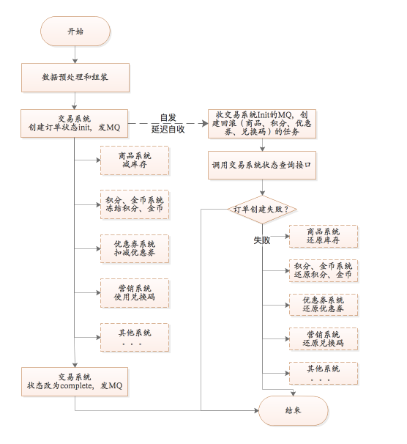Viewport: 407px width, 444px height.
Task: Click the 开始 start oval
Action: [x=75, y=32]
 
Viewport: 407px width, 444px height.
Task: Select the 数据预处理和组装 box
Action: [x=75, y=78]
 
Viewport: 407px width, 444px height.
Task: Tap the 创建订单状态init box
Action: [x=75, y=124]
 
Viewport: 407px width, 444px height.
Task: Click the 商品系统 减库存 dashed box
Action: [x=135, y=160]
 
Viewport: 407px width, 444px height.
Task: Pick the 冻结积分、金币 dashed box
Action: [x=135, y=204]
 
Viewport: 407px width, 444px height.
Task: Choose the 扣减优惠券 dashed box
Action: [x=135, y=248]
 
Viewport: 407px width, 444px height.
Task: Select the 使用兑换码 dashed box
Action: [x=135, y=293]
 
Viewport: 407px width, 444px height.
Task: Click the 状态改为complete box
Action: [x=75, y=382]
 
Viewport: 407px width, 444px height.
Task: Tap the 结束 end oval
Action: [x=294, y=410]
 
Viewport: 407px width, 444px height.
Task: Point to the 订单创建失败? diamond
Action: [x=262, y=210]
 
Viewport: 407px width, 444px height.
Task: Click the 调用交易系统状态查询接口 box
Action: [x=262, y=165]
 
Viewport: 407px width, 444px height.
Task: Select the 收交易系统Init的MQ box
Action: [x=262, y=124]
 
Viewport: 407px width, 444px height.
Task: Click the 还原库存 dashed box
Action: [x=324, y=237]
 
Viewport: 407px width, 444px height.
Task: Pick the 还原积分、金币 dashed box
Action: [x=324, y=270]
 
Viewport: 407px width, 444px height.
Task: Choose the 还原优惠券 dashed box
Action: [x=324, y=305]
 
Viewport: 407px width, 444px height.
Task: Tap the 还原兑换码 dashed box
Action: [x=324, y=339]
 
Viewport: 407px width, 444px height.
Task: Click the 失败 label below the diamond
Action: [x=261, y=240]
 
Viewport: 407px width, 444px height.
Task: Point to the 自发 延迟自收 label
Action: [x=168, y=124]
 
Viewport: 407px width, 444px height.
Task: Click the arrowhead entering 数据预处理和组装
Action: [x=75, y=61]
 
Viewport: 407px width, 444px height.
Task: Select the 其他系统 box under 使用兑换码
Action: [x=135, y=338]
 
